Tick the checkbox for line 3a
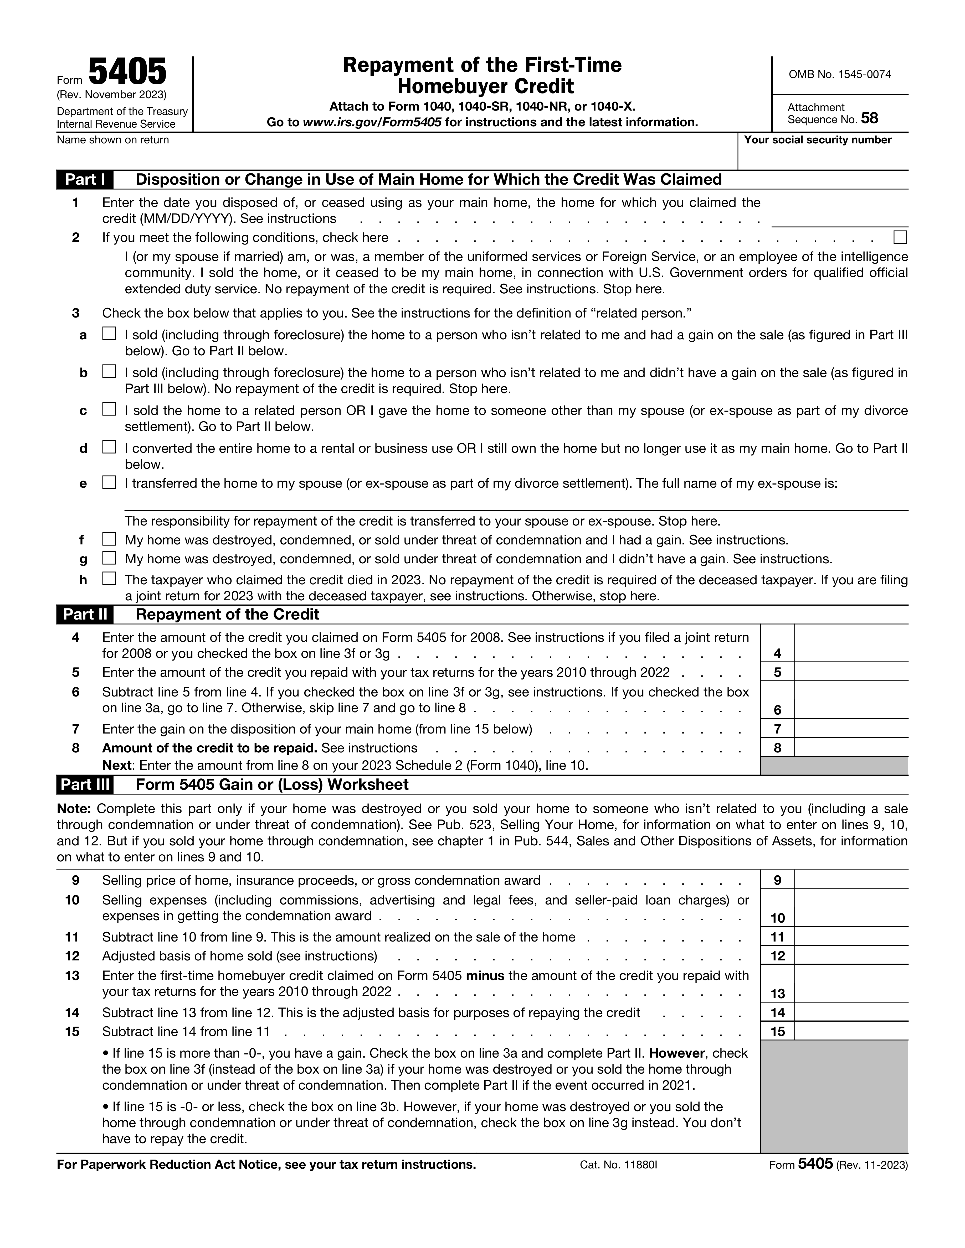109,334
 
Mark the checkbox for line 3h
109,579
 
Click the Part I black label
85,179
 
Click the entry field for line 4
851,643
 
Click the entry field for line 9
851,880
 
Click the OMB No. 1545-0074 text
839,74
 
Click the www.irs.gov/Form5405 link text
372,122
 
